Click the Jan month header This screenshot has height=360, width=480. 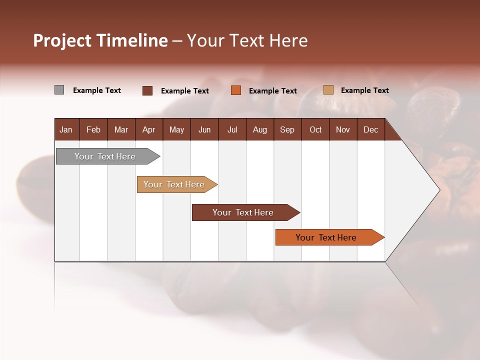(66, 129)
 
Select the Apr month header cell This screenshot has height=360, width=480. (149, 129)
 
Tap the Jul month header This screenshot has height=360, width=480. (232, 129)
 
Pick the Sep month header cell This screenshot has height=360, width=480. (287, 129)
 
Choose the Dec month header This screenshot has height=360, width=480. (370, 129)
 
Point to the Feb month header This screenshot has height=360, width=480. (93, 129)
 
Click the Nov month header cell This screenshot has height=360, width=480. (343, 129)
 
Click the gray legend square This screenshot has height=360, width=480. (59, 90)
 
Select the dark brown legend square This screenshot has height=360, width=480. (147, 90)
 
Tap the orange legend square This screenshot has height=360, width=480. (236, 90)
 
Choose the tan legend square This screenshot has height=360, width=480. (328, 90)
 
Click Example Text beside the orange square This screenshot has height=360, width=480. (273, 91)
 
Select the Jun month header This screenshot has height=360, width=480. (204, 129)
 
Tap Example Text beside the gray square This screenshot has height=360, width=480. (97, 90)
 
